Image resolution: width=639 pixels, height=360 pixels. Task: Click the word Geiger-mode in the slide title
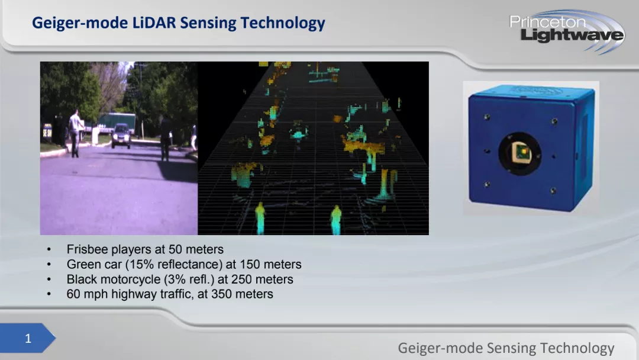pyautogui.click(x=80, y=23)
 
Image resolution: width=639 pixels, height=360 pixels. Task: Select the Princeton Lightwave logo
pyautogui.click(x=566, y=31)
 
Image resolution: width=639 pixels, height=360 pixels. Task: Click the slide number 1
pyautogui.click(x=28, y=339)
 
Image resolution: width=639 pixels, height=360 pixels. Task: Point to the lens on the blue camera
pyautogui.click(x=520, y=154)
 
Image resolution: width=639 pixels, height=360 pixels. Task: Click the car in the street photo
pyautogui.click(x=121, y=136)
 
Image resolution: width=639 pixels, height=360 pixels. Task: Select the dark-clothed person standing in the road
pyautogui.click(x=166, y=138)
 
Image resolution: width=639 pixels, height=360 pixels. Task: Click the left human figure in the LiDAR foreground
pyautogui.click(x=260, y=218)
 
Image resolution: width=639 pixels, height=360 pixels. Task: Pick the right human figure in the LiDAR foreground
pyautogui.click(x=336, y=220)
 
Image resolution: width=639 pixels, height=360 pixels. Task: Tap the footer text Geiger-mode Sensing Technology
pyautogui.click(x=506, y=348)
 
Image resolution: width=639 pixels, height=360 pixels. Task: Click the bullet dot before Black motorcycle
pyautogui.click(x=49, y=279)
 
